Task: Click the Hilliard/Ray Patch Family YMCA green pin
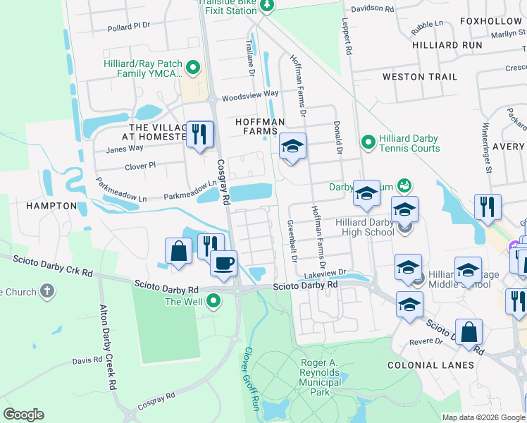pos(193,68)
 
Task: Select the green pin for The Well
pos(212,302)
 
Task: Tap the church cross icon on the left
pos(46,291)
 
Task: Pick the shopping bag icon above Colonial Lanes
pos(469,332)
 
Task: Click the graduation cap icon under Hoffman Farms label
pos(292,147)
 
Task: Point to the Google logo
pos(23,415)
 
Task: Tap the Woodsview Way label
pos(250,94)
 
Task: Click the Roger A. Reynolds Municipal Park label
pos(320,372)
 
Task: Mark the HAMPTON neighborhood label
pos(51,205)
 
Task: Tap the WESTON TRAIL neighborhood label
pos(419,76)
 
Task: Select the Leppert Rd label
pos(347,36)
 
